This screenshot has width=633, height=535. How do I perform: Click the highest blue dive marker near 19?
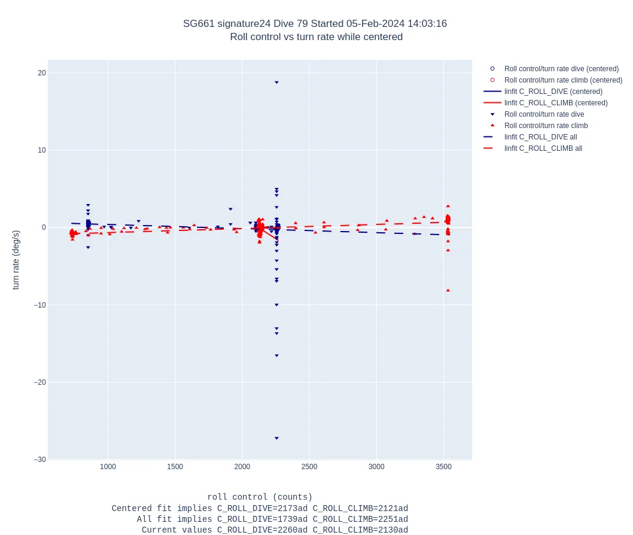pyautogui.click(x=276, y=83)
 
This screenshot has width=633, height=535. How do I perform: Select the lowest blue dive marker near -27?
pyautogui.click(x=276, y=438)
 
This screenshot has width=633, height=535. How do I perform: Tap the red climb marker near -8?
pyautogui.click(x=448, y=290)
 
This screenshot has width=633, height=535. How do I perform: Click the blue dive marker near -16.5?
pyautogui.click(x=276, y=355)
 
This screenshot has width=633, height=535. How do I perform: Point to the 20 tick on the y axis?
pyautogui.click(x=42, y=73)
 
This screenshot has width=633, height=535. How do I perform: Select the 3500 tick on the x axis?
pyautogui.click(x=443, y=466)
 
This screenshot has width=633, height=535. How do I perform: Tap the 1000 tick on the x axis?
pyautogui.click(x=108, y=466)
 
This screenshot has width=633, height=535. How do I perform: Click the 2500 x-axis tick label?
pyautogui.click(x=309, y=466)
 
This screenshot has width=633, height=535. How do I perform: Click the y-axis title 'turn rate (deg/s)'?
pyautogui.click(x=16, y=260)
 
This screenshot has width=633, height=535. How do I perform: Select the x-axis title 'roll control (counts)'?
pyautogui.click(x=260, y=497)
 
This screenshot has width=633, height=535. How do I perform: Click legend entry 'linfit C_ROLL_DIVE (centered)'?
pyautogui.click(x=553, y=92)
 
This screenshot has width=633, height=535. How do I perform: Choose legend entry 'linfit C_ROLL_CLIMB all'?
pyautogui.click(x=543, y=148)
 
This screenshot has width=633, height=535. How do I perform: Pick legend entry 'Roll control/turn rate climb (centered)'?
pyautogui.click(x=563, y=80)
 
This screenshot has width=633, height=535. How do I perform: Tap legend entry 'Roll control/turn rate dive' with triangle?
pyautogui.click(x=544, y=114)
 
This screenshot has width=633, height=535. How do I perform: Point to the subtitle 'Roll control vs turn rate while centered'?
pyautogui.click(x=316, y=37)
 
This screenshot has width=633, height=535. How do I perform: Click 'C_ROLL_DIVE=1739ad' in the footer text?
pyautogui.click(x=262, y=519)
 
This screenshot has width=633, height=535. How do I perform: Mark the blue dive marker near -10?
pyautogui.click(x=276, y=305)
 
